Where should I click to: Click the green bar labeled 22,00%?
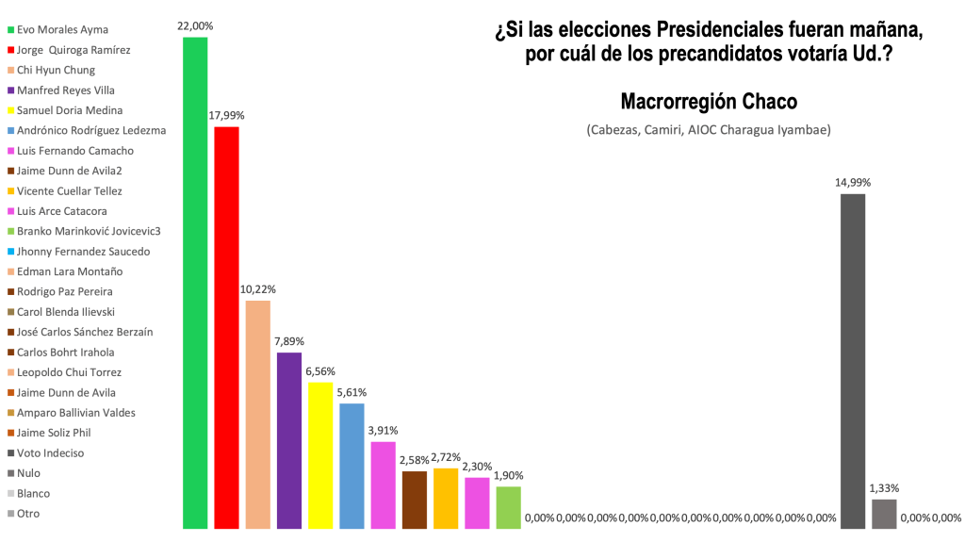[195, 283]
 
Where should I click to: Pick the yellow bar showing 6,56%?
[320, 455]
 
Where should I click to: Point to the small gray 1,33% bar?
[884, 514]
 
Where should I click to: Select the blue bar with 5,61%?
[352, 466]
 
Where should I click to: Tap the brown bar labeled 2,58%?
[415, 500]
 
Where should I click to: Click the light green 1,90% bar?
[509, 507]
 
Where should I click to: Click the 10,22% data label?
[257, 289]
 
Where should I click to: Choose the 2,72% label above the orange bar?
[446, 457]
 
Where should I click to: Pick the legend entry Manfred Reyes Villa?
[66, 90]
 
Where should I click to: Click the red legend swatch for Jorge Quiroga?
[9, 50]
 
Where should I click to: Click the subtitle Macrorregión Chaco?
[709, 101]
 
